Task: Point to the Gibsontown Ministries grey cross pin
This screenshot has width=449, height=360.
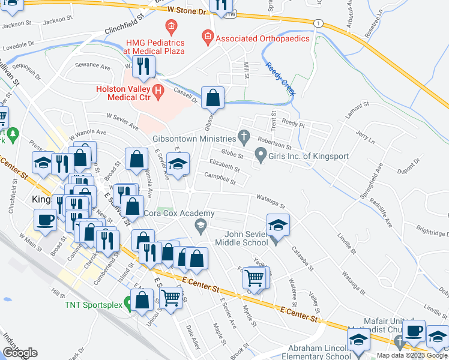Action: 243,136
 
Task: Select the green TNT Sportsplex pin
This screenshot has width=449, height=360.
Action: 127,304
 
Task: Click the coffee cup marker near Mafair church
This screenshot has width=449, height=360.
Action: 414,331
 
